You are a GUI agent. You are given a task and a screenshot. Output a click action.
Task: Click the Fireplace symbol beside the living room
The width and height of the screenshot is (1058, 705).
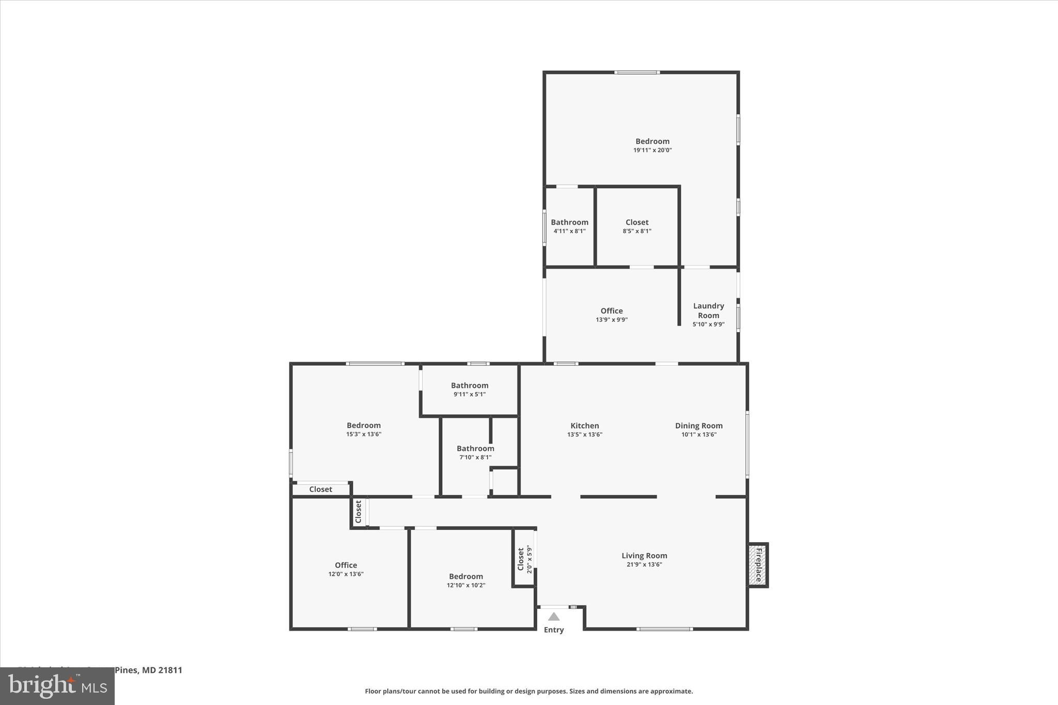pyautogui.click(x=758, y=565)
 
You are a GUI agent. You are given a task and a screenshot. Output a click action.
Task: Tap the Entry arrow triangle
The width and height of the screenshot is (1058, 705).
pyautogui.click(x=554, y=616)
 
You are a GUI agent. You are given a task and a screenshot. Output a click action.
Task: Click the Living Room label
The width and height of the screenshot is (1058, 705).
pyautogui.click(x=644, y=556)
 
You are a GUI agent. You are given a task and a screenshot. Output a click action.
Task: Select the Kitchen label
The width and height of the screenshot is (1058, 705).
pyautogui.click(x=584, y=426)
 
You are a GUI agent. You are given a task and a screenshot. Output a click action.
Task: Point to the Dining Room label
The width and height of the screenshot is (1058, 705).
pyautogui.click(x=698, y=426)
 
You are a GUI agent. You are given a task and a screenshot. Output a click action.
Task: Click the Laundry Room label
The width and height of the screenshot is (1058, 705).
pyautogui.click(x=708, y=310)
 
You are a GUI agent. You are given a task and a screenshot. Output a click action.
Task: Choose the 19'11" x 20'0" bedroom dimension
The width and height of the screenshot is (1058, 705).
pyautogui.click(x=652, y=150)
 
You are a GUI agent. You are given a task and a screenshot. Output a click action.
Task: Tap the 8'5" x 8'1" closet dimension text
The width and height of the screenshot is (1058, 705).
pyautogui.click(x=636, y=231)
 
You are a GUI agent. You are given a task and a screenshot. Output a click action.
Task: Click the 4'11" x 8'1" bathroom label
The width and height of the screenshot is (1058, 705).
pyautogui.click(x=569, y=223)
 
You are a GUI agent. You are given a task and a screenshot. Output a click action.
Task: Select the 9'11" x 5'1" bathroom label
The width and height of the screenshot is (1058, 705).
pyautogui.click(x=469, y=385)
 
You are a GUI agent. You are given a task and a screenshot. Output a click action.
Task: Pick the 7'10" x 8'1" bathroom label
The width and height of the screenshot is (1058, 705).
pyautogui.click(x=475, y=448)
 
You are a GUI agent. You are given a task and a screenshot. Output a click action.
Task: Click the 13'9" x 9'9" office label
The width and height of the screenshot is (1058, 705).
pyautogui.click(x=611, y=311)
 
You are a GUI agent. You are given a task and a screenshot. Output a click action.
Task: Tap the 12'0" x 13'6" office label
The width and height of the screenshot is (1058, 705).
pyautogui.click(x=346, y=565)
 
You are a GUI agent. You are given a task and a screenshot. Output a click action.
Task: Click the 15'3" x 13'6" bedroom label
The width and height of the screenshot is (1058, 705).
pyautogui.click(x=363, y=426)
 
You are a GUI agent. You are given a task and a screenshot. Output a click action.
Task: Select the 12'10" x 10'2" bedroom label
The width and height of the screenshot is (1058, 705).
pyautogui.click(x=465, y=576)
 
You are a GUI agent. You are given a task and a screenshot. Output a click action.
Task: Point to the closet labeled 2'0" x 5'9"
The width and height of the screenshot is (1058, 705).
pyautogui.click(x=524, y=559)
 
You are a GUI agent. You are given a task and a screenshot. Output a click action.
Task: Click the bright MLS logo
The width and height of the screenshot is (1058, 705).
pyautogui.click(x=57, y=685)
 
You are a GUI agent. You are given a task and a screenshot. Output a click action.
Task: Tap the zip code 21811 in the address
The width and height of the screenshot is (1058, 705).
pyautogui.click(x=170, y=670)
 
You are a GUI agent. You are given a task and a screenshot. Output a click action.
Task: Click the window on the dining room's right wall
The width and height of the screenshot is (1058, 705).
pyautogui.click(x=747, y=444)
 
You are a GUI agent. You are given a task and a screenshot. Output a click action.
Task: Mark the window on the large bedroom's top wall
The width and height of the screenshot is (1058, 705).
pyautogui.click(x=636, y=72)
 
